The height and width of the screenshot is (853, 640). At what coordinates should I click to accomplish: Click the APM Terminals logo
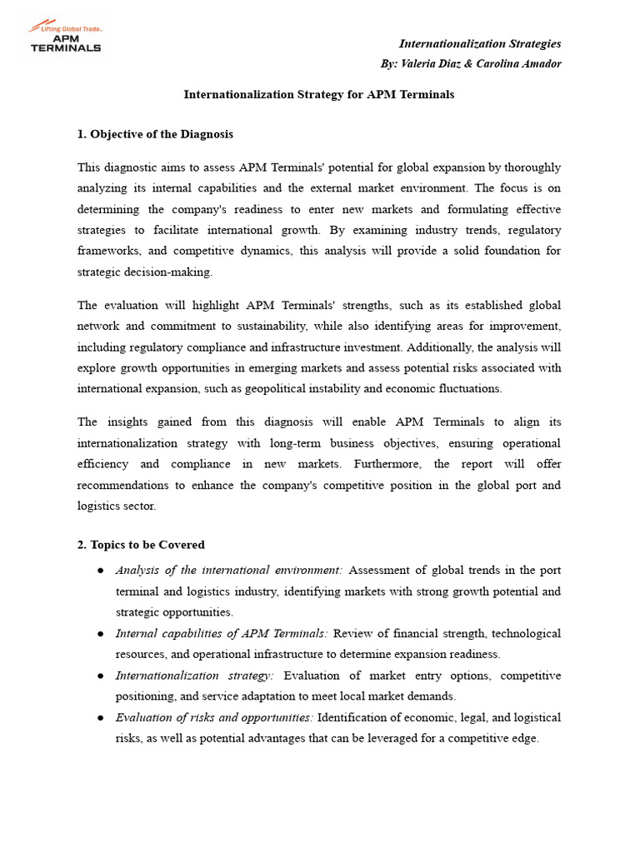(x=65, y=38)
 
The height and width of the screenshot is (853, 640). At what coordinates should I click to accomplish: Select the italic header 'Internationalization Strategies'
(x=480, y=43)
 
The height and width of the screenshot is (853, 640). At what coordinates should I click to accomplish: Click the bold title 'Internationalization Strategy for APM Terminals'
(x=319, y=94)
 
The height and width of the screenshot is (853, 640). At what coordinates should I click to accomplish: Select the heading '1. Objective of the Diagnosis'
(x=155, y=134)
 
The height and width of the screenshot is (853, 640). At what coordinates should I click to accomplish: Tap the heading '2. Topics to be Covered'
(x=141, y=545)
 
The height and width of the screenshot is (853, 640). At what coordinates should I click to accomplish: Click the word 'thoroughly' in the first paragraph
(x=532, y=167)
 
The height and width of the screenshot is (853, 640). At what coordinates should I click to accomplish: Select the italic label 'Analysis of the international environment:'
(x=228, y=571)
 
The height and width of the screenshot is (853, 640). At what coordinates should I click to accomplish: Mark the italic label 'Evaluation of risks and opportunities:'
(x=214, y=717)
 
